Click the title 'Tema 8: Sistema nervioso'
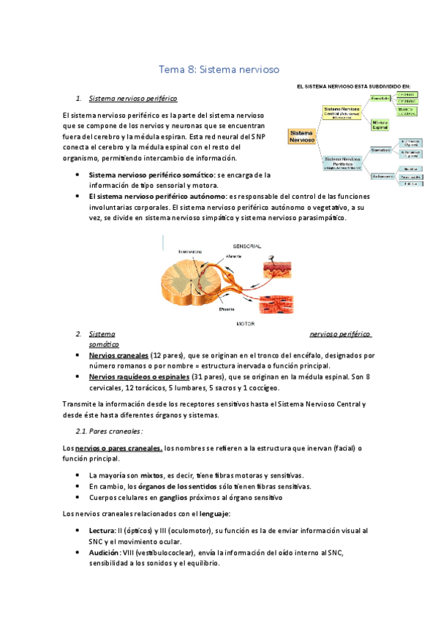[x=219, y=70]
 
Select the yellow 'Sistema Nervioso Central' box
[x=341, y=112]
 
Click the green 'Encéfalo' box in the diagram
[x=380, y=98]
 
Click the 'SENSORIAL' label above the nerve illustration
[x=248, y=246]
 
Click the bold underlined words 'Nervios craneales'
[x=118, y=355]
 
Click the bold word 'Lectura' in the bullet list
[x=103, y=530]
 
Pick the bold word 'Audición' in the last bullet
[x=105, y=553]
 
